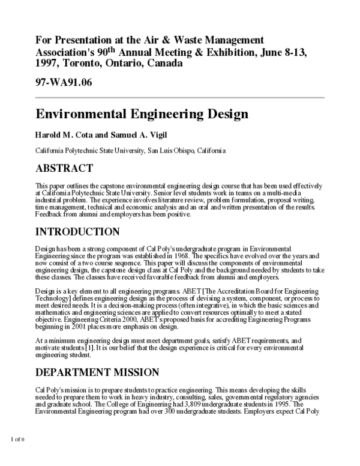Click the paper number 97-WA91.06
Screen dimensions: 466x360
pos(64,82)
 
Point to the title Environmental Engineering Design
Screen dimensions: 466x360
pos(142,113)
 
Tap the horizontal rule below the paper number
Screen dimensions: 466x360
pos(180,97)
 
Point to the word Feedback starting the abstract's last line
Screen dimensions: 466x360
pos(50,214)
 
